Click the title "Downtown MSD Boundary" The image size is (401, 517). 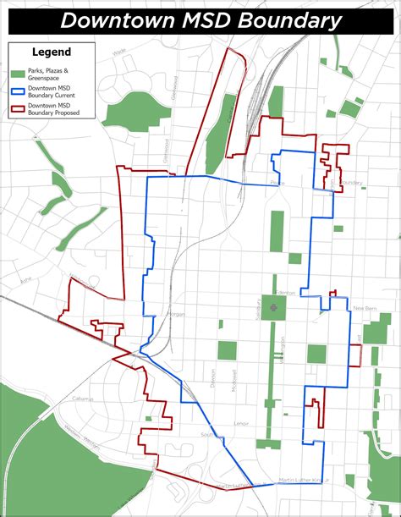click(200, 20)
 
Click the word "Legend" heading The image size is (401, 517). click(51, 52)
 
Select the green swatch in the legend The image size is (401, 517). click(17, 70)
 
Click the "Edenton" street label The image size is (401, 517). click(286, 292)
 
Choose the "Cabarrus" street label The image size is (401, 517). click(81, 398)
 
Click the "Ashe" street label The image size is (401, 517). click(25, 277)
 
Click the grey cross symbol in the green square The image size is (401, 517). click(272, 309)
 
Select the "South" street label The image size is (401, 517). click(206, 435)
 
